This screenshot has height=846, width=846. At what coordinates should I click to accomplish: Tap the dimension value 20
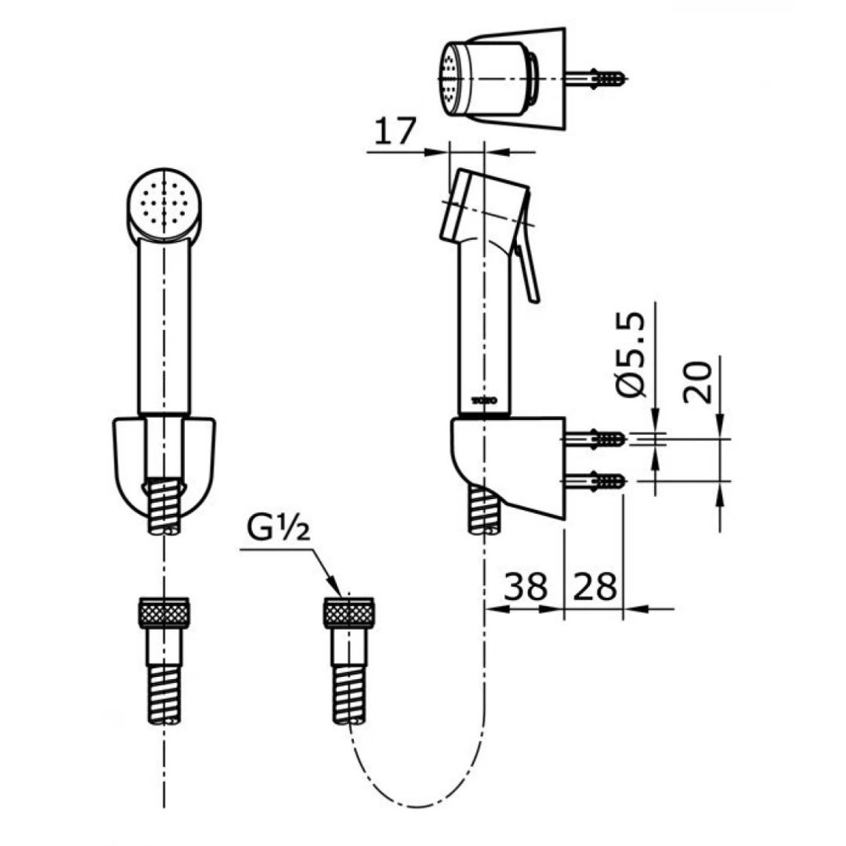point(698,381)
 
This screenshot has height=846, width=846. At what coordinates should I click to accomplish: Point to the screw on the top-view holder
point(602,78)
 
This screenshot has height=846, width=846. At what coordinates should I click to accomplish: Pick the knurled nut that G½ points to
point(350,611)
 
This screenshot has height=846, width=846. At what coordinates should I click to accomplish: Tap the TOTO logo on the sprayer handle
point(484,400)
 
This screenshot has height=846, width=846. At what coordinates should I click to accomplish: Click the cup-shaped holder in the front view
point(164,462)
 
